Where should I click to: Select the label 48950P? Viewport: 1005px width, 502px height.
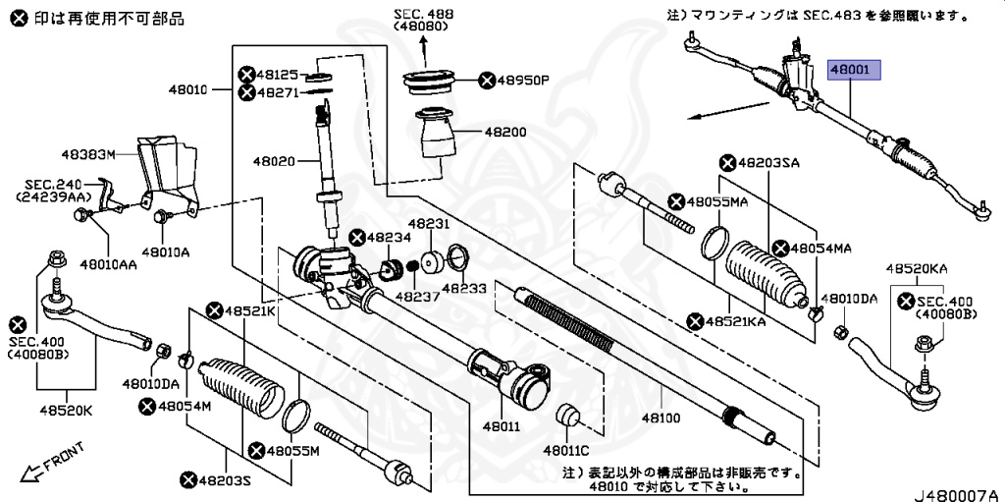(x=524, y=81)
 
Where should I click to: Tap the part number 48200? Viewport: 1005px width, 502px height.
(x=505, y=133)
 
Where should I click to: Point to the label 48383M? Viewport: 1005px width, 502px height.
(x=88, y=154)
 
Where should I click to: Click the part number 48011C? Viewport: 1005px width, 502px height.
(x=566, y=451)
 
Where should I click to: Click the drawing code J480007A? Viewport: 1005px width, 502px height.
(x=958, y=494)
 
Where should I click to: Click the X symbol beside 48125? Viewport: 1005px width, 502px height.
(x=246, y=75)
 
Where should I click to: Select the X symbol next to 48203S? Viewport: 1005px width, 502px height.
(x=188, y=479)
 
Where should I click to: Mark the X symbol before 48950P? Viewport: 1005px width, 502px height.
(x=487, y=81)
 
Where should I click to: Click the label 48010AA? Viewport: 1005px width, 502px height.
(x=109, y=262)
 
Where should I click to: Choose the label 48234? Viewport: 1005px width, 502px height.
(x=389, y=238)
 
